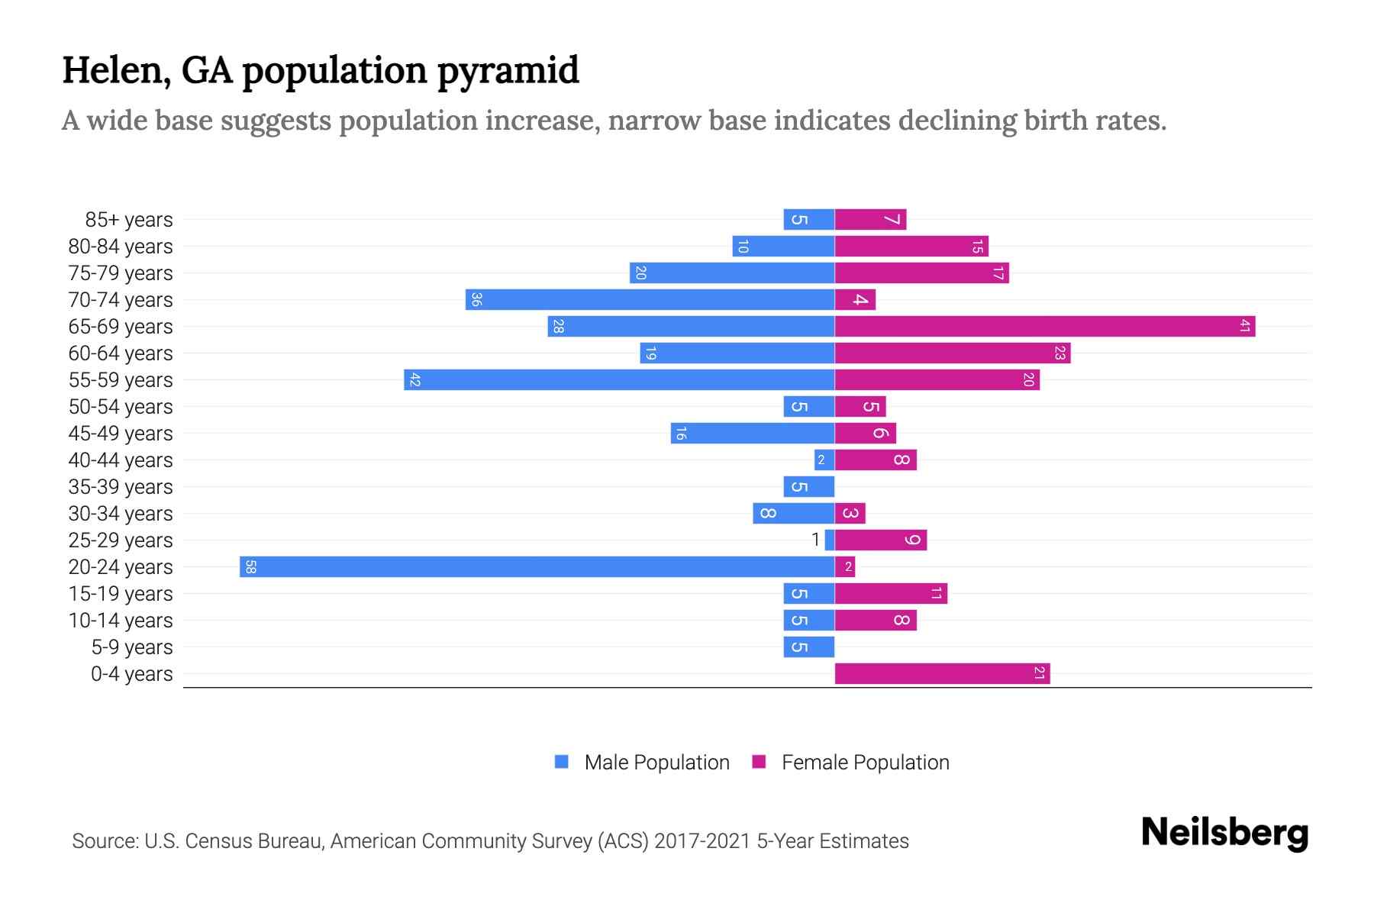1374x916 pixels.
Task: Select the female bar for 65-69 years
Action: click(x=1044, y=327)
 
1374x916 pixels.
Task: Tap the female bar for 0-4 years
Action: click(x=942, y=674)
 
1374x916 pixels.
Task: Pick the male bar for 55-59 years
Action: click(x=619, y=380)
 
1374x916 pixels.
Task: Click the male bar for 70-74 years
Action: click(x=650, y=300)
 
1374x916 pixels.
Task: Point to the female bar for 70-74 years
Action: click(x=855, y=300)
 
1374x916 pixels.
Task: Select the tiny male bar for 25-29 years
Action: click(x=830, y=540)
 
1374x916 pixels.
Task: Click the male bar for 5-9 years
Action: click(x=808, y=647)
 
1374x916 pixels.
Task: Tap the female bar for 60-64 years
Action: click(x=952, y=353)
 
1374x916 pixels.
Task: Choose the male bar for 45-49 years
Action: click(x=753, y=434)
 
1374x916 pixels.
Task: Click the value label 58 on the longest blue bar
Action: click(x=250, y=567)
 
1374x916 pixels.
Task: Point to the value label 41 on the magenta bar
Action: click(x=1244, y=327)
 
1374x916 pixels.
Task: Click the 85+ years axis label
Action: click(x=129, y=220)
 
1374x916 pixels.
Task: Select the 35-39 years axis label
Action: click(x=121, y=487)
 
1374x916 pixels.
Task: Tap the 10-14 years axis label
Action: click(x=121, y=621)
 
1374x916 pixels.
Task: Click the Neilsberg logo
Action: click(x=1224, y=833)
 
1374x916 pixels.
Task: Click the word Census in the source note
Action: click(x=218, y=841)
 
